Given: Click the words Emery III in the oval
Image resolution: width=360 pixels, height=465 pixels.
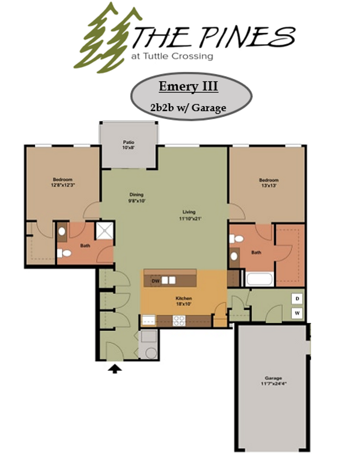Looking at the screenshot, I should (x=188, y=87).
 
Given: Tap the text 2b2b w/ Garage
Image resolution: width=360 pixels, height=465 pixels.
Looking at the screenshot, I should (x=188, y=108).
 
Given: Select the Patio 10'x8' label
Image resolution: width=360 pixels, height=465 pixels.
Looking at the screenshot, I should (x=128, y=145).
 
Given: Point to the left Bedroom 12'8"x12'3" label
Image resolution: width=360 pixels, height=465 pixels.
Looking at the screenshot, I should (x=62, y=182).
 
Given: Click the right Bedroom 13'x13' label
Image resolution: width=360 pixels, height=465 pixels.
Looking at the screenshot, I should (x=269, y=183).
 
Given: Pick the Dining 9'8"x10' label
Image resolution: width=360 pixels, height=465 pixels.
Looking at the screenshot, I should (x=136, y=197).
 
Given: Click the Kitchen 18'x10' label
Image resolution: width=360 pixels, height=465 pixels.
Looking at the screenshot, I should (x=183, y=301).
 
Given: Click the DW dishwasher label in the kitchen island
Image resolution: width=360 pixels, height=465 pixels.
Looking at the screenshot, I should (x=155, y=281).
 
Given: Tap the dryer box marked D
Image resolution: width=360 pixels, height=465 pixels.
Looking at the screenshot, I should (x=297, y=298).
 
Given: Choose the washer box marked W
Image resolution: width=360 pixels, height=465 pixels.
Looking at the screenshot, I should (x=297, y=313).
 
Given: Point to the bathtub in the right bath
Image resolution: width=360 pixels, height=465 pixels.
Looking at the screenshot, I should (x=259, y=279).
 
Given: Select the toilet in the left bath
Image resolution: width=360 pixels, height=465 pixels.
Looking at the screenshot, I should (x=65, y=253).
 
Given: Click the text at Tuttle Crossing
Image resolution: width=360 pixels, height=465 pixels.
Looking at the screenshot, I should (x=172, y=56).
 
